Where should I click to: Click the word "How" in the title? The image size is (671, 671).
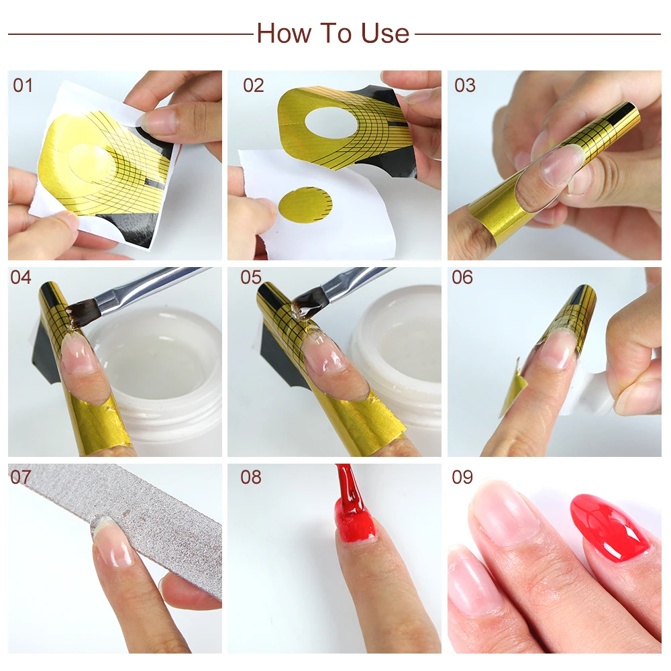284,34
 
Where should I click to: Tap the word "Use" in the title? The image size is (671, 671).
384,34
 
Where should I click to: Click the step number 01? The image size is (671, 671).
23,86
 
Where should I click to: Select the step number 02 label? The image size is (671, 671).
254,86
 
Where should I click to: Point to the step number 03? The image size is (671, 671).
465,86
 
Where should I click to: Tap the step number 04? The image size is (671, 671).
21,277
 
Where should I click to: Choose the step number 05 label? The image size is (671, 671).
251,277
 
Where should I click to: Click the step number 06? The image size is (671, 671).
462,277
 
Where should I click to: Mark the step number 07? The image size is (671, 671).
21,477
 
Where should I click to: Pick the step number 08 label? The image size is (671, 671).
251,477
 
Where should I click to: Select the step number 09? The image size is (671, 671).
462,477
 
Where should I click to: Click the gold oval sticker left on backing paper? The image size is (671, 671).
305,205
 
